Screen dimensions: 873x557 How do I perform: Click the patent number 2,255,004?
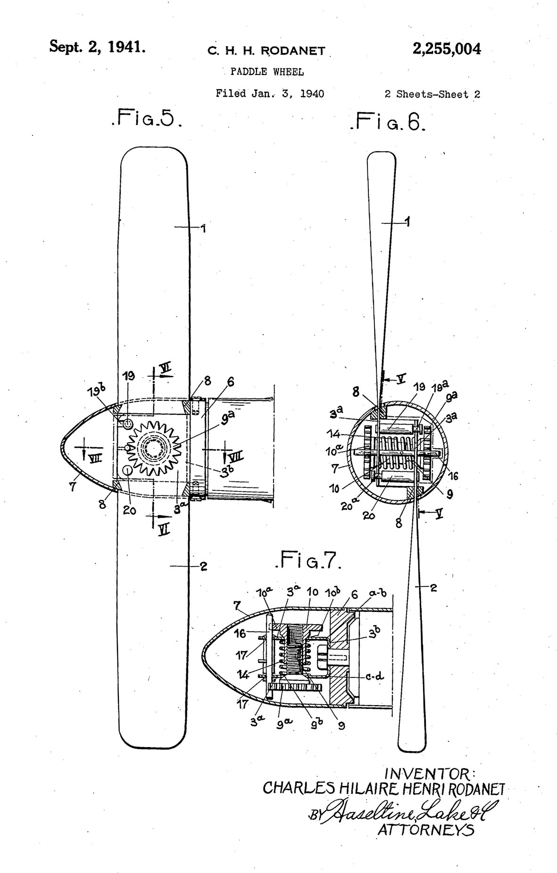(x=446, y=49)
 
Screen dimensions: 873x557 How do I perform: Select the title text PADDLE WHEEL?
(x=267, y=72)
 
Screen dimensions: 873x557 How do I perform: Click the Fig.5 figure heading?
(x=146, y=118)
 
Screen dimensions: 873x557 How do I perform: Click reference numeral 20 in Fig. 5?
(x=130, y=510)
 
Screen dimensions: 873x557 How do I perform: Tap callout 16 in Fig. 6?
(x=454, y=477)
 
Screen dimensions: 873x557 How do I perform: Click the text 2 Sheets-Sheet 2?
(x=432, y=94)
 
